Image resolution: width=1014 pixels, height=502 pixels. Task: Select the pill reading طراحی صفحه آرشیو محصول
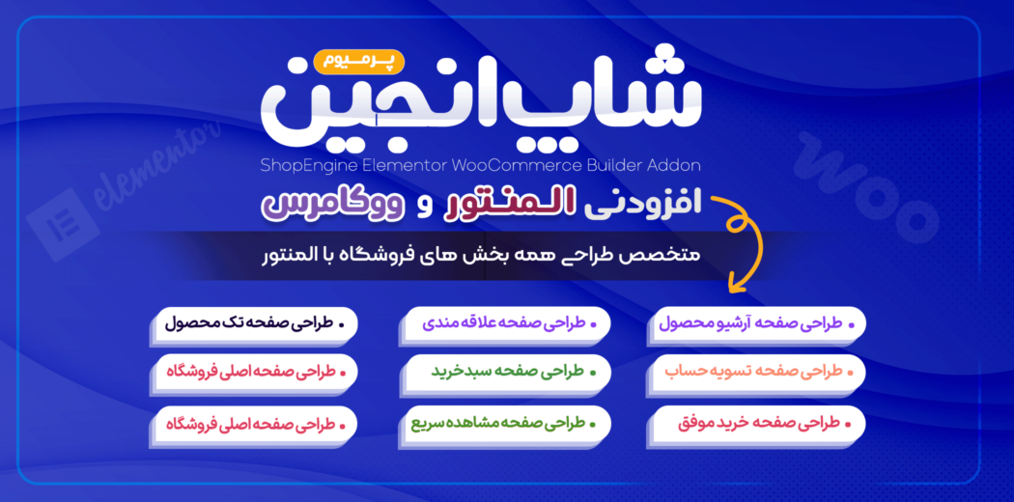point(759,324)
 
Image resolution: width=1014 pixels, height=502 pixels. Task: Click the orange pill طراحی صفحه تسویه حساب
point(759,371)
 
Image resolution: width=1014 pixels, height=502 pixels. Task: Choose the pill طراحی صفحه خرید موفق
point(759,422)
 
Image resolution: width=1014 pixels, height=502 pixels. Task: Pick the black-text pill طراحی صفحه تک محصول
point(256,324)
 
